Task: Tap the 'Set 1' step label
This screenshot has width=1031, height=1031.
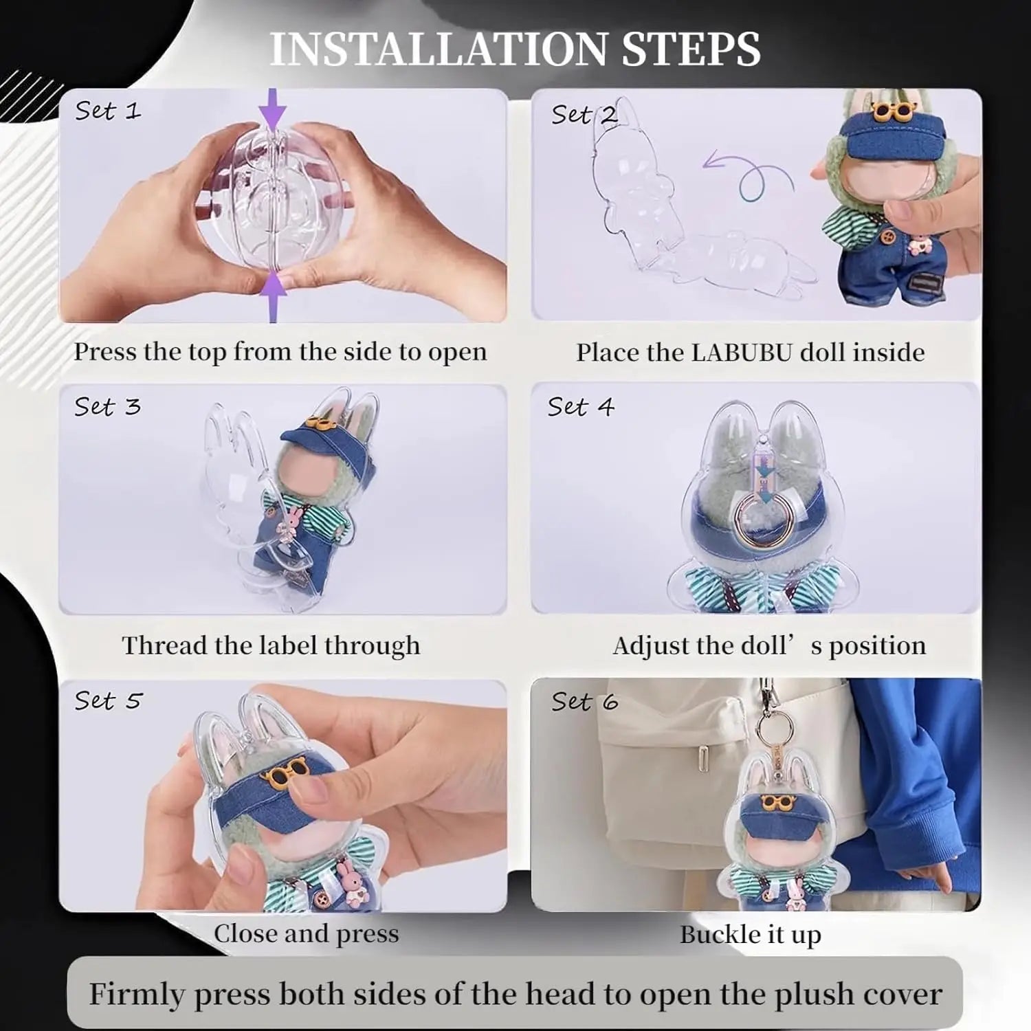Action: [x=107, y=111]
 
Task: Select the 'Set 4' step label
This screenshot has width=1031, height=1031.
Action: [x=581, y=407]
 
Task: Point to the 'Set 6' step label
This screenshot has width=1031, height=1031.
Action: [x=584, y=702]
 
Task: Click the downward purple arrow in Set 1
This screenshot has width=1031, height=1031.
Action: [x=274, y=108]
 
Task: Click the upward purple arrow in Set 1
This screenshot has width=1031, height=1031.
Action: [x=274, y=296]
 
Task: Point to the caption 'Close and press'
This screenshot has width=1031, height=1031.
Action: [x=306, y=933]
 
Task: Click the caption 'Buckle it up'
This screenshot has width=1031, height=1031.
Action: [x=751, y=935]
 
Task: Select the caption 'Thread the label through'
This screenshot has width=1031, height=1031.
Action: [x=271, y=645]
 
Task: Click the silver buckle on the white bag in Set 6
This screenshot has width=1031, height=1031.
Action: [x=702, y=757]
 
